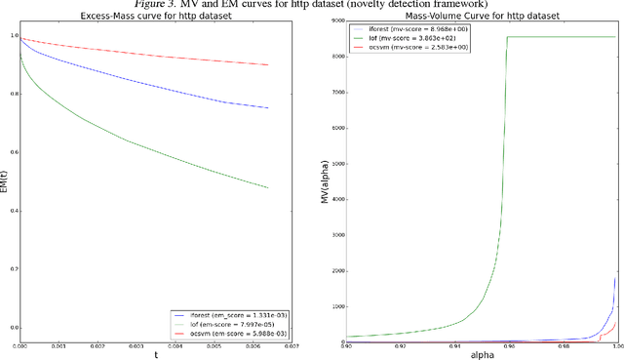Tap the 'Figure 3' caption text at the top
pos(312,4)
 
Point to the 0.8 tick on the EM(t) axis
pos(13,95)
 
